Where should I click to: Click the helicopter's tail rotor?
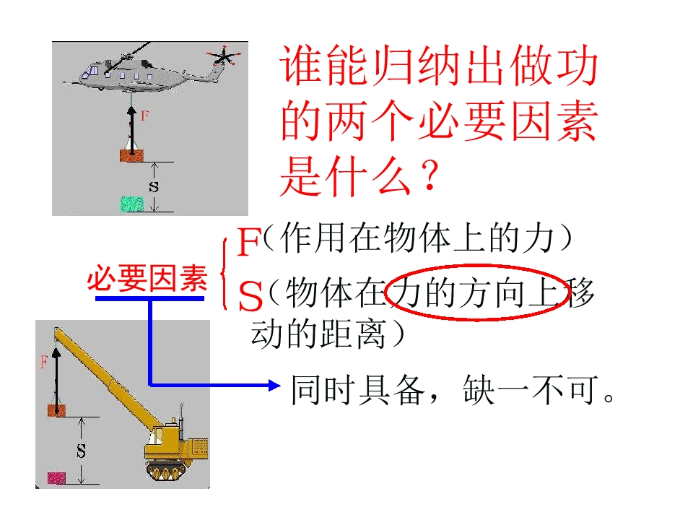(224, 56)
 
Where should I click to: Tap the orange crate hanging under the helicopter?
(131, 156)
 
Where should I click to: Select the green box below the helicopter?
(132, 204)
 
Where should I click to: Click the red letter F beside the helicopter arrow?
(144, 116)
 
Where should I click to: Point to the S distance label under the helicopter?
(153, 186)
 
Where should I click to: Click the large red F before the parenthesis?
(249, 241)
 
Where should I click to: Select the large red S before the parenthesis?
(250, 296)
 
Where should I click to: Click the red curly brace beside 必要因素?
(224, 274)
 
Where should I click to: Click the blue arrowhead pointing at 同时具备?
(274, 386)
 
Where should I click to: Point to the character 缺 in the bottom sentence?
(478, 390)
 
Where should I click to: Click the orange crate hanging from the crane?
(56, 410)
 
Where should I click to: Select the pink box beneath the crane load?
(56, 478)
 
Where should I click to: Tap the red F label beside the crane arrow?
(44, 362)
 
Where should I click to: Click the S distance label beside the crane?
(81, 451)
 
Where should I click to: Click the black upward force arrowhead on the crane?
(56, 352)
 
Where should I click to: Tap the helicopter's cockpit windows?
(93, 70)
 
